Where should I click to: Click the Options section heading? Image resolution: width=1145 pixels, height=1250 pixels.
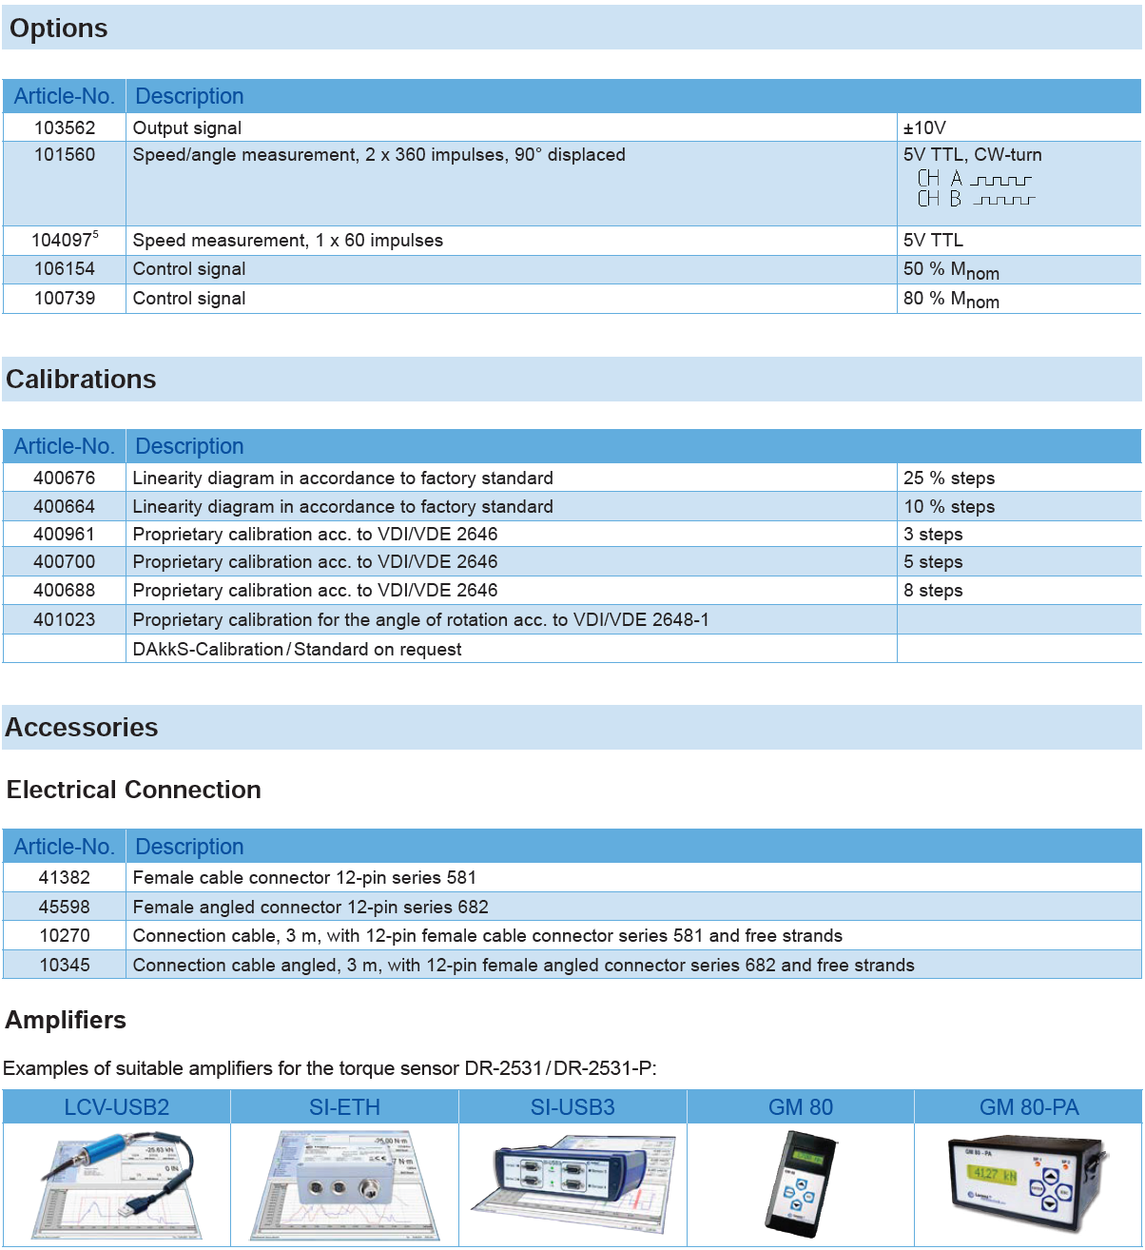pyautogui.click(x=59, y=29)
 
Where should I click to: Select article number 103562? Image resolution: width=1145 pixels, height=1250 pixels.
pyautogui.click(x=65, y=127)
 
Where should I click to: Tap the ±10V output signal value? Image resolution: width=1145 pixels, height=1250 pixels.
pyautogui.click(x=924, y=127)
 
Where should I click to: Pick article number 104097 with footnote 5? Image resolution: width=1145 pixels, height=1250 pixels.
pyautogui.click(x=65, y=241)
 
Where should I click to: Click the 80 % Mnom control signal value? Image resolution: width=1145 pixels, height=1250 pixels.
pyautogui.click(x=951, y=299)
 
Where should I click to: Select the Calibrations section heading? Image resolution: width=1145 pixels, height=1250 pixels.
pyautogui.click(x=81, y=380)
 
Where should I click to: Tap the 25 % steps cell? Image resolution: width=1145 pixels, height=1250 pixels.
pyautogui.click(x=949, y=479)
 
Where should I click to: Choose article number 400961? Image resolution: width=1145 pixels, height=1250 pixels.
pyautogui.click(x=65, y=535)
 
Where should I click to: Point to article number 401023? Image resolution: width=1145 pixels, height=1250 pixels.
pyautogui.click(x=65, y=620)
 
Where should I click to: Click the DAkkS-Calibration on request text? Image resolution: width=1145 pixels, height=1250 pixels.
pyautogui.click(x=297, y=650)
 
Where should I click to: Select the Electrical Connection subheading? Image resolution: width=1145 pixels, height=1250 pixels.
pyautogui.click(x=133, y=790)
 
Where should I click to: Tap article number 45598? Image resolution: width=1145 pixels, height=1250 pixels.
pyautogui.click(x=65, y=908)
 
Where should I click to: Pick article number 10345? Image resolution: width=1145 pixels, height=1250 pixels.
pyautogui.click(x=65, y=966)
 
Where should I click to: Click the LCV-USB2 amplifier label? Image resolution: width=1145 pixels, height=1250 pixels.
pyautogui.click(x=117, y=1107)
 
